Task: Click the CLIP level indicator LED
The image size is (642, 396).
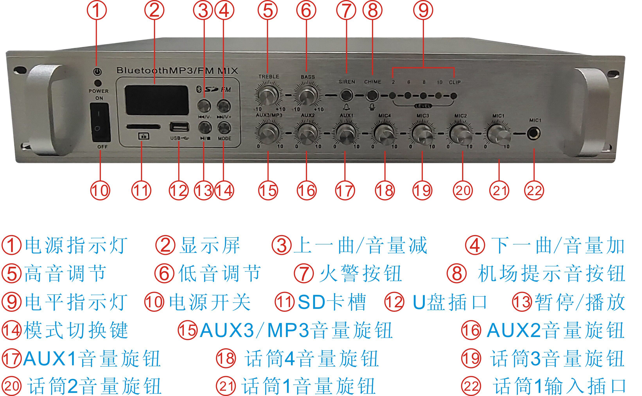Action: (453, 96)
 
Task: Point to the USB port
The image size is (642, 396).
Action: (180, 127)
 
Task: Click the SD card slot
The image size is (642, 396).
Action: (143, 127)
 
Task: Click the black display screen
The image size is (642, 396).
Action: (157, 100)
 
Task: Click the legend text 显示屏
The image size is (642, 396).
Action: (210, 246)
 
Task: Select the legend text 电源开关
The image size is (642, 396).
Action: (210, 302)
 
